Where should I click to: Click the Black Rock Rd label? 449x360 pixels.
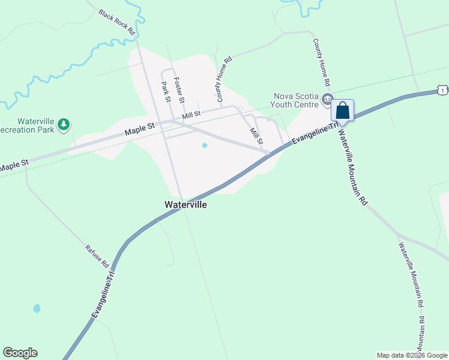[116, 22]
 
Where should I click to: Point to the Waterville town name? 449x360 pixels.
[185, 205]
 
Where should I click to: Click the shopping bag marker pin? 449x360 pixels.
[342, 111]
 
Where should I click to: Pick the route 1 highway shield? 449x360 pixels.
[443, 90]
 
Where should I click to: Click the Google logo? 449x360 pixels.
[20, 353]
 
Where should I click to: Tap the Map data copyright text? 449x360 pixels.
[412, 355]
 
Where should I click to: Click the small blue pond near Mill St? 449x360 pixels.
[205, 145]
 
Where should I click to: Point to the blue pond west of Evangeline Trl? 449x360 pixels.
[37, 308]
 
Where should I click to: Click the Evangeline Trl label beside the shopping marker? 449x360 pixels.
[312, 133]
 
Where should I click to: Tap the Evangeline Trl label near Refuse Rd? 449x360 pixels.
[103, 293]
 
